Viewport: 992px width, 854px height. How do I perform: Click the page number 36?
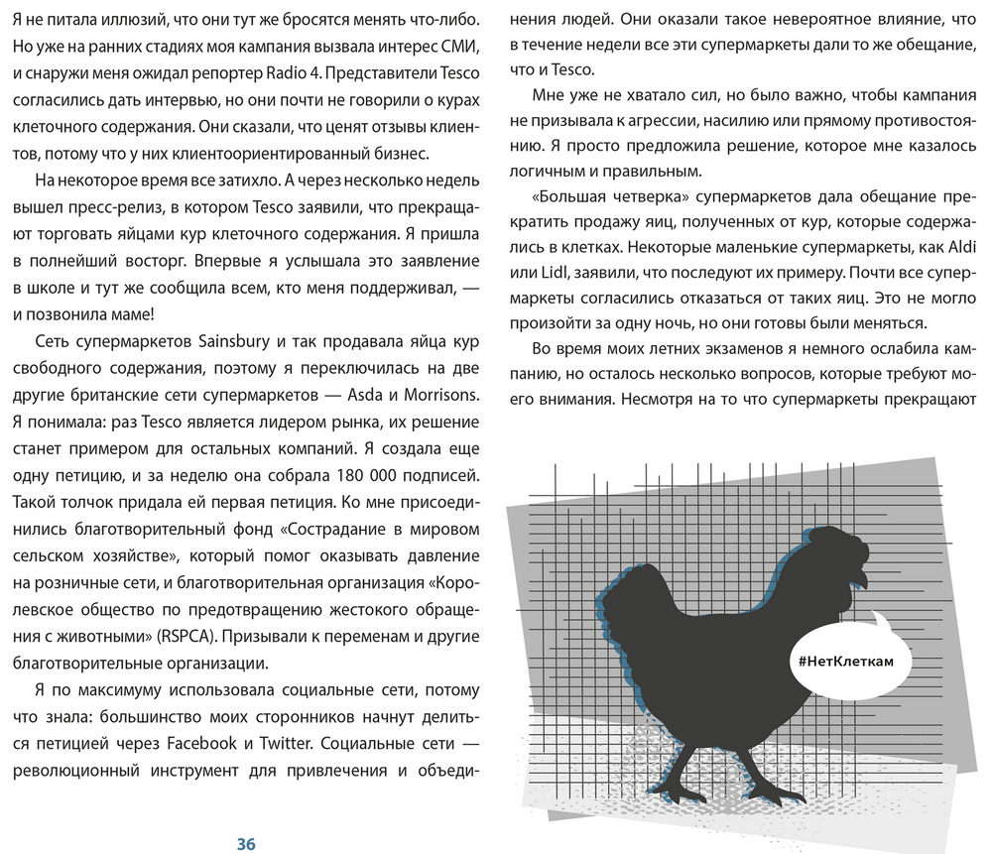(x=246, y=843)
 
